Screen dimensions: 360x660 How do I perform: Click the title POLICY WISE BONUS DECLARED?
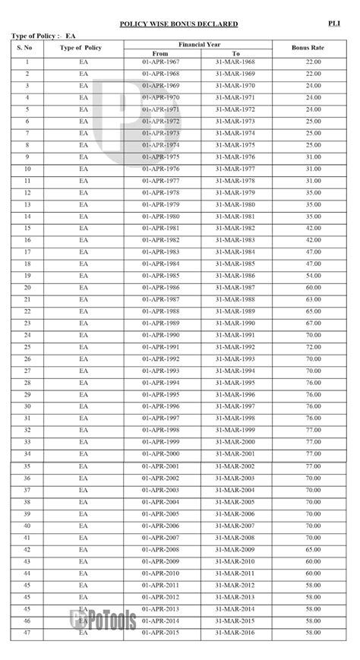click(x=178, y=24)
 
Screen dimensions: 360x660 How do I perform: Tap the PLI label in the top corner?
click(x=334, y=24)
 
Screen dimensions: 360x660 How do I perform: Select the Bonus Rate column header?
click(x=308, y=48)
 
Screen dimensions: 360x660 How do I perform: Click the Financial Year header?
click(x=199, y=44)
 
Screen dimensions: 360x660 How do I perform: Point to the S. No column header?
click(x=27, y=48)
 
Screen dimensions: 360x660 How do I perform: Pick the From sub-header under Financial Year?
click(x=160, y=53)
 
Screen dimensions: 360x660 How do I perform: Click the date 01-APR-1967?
click(x=160, y=62)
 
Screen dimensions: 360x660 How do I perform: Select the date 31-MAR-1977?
click(x=236, y=169)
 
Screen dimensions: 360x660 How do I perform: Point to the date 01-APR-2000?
click(x=160, y=453)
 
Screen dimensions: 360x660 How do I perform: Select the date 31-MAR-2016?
click(x=236, y=632)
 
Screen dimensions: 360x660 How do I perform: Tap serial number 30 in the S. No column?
click(x=27, y=406)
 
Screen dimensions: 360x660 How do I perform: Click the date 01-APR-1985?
click(x=160, y=276)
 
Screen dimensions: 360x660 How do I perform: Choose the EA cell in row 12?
click(x=84, y=193)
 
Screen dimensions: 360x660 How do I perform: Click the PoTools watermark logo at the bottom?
click(x=104, y=621)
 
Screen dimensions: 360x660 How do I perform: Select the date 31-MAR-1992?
click(x=236, y=347)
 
